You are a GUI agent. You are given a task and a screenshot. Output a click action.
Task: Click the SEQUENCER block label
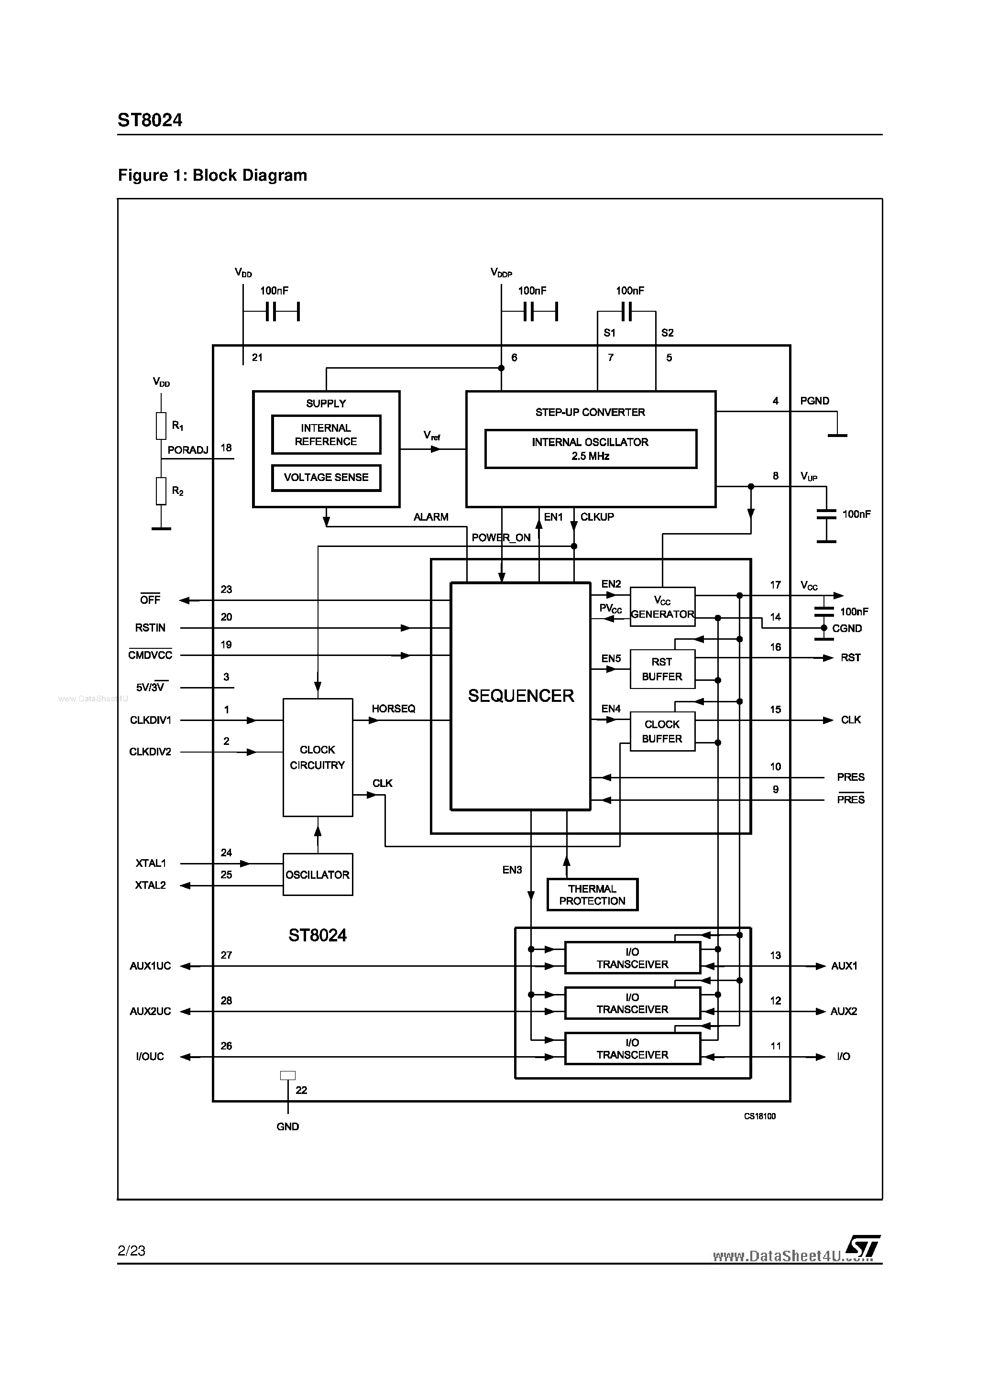521,696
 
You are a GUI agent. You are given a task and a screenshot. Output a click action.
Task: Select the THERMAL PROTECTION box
592,895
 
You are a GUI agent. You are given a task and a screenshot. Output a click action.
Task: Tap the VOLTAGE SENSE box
326,477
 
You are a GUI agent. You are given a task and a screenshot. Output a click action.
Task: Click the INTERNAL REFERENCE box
326,435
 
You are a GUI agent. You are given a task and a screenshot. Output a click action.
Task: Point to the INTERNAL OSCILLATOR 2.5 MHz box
590,449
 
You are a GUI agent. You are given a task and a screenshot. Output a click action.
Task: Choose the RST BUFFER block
662,669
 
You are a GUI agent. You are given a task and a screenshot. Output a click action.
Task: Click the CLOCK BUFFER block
662,731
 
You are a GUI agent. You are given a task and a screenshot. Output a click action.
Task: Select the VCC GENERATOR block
662,608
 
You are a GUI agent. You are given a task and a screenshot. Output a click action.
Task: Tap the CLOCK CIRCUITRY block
318,757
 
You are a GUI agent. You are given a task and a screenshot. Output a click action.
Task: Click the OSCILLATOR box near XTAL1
318,874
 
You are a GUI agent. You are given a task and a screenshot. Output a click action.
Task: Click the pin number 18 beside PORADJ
226,448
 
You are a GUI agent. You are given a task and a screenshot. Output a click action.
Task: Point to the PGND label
814,401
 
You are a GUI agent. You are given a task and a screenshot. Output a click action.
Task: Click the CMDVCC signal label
150,655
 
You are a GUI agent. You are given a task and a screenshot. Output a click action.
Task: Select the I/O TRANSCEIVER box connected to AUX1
632,958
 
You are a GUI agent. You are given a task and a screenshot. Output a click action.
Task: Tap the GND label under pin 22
287,1126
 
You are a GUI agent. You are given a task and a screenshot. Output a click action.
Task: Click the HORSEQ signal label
394,709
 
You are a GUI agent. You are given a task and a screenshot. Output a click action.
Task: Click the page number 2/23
132,1250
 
